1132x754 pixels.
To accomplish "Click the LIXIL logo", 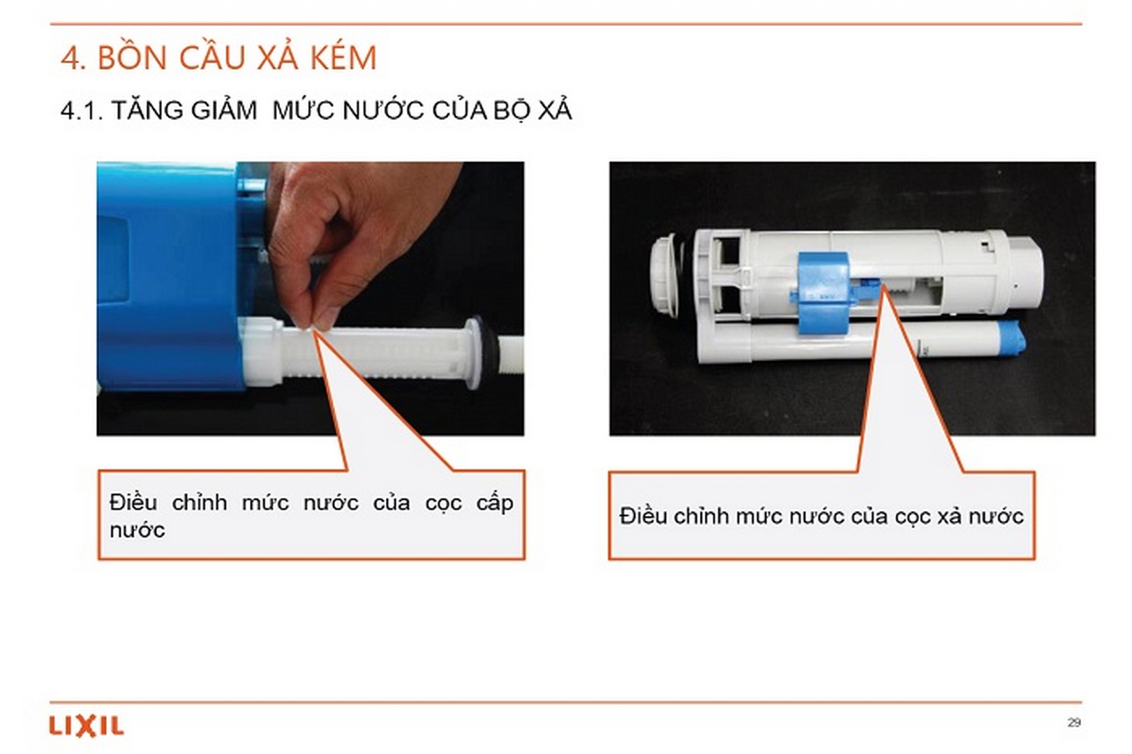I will tap(86, 726).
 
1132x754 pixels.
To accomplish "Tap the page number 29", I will tap(1073, 722).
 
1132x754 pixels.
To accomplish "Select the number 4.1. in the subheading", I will tap(81, 110).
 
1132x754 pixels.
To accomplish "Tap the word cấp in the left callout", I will tap(495, 503).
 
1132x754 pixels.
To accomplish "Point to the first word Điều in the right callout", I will tap(643, 517).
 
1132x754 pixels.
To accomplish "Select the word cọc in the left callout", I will tap(443, 503).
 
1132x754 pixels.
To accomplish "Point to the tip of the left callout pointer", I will tap(313, 331).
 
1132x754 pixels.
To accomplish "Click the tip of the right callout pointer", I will tap(882, 286).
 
